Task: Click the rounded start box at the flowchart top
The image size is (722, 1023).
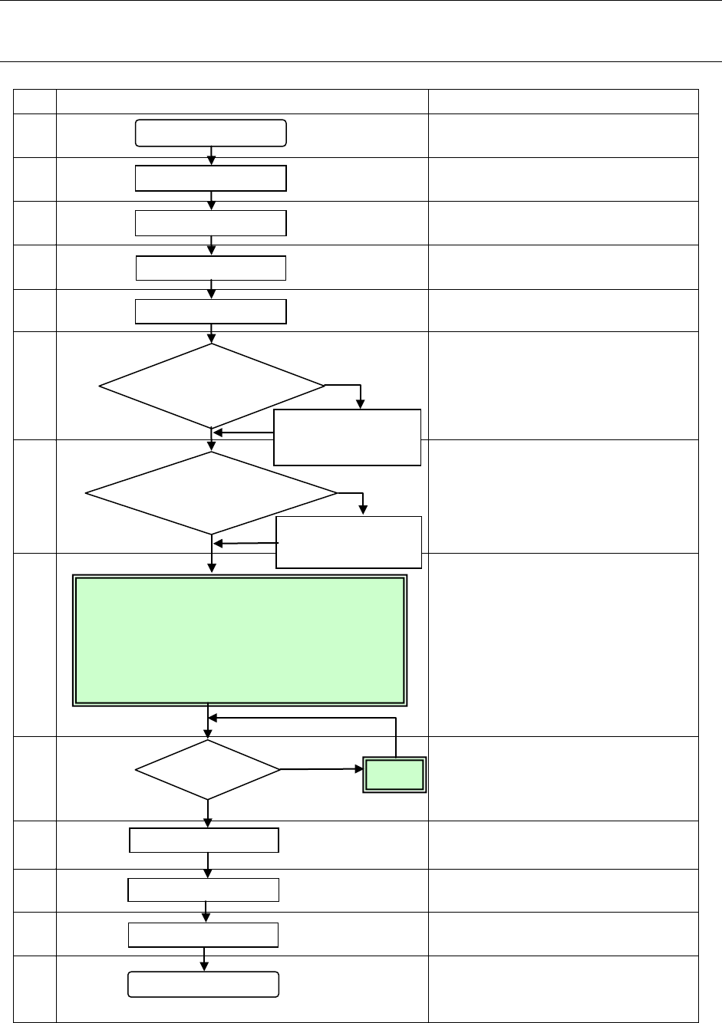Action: pyautogui.click(x=211, y=133)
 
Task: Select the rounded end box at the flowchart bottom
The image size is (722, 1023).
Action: pyautogui.click(x=203, y=985)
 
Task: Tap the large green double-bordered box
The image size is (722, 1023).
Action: pyautogui.click(x=239, y=640)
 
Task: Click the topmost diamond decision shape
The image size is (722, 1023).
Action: pyautogui.click(x=212, y=386)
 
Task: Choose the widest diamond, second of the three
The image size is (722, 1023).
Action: pyautogui.click(x=212, y=492)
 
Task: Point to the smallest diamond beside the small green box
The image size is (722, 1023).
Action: pyautogui.click(x=208, y=770)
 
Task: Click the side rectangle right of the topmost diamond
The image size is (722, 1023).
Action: pyautogui.click(x=347, y=437)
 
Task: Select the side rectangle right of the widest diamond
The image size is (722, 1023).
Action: pyautogui.click(x=348, y=542)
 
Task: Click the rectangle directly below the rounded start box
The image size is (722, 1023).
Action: pyautogui.click(x=211, y=178)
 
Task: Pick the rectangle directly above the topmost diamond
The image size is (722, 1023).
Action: pyautogui.click(x=211, y=312)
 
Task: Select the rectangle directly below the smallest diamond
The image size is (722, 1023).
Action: pyautogui.click(x=204, y=840)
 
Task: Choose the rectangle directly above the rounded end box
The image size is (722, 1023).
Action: pyautogui.click(x=203, y=935)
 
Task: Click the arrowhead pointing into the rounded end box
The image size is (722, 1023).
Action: pyautogui.click(x=204, y=967)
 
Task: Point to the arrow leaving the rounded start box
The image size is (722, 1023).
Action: pyautogui.click(x=212, y=155)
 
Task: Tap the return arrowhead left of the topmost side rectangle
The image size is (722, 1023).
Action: pyautogui.click(x=219, y=433)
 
